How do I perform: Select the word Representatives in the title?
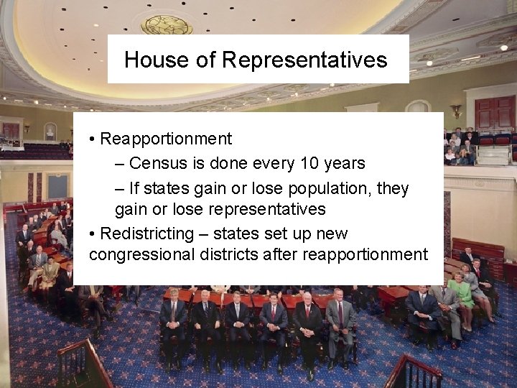[x=304, y=60]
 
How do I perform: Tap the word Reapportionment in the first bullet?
[x=166, y=139]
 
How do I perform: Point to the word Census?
[x=158, y=163]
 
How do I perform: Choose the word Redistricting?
[x=147, y=234]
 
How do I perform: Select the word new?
[x=331, y=234]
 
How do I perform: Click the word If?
[x=135, y=188]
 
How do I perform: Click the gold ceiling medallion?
[x=167, y=25]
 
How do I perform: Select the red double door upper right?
[x=494, y=113]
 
